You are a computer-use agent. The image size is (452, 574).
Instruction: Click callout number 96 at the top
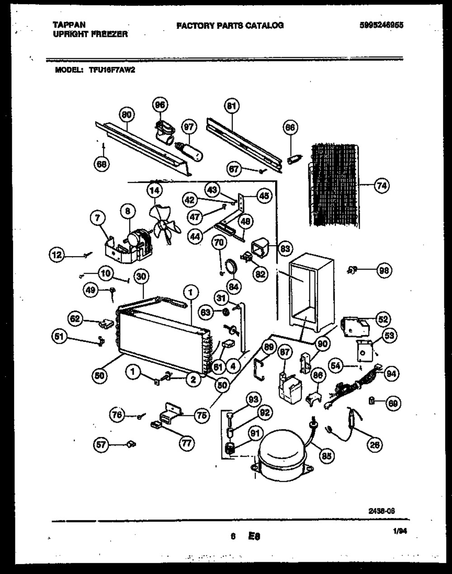[x=159, y=105]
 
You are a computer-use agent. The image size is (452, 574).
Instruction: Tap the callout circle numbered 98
[x=385, y=271]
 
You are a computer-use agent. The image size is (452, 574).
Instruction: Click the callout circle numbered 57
[x=102, y=445]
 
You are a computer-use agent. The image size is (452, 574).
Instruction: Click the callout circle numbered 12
[x=57, y=256]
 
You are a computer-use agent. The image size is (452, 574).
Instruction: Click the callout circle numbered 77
[x=186, y=443]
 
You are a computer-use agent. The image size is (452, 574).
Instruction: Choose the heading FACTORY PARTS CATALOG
[x=230, y=26]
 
